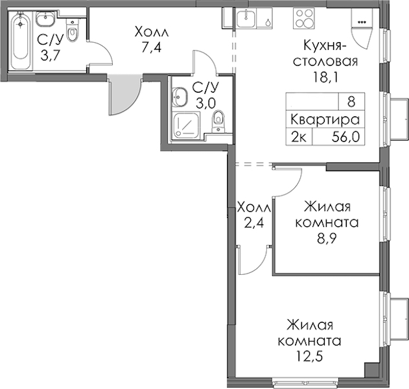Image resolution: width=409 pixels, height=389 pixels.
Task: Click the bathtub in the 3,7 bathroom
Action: pyautogui.click(x=20, y=40)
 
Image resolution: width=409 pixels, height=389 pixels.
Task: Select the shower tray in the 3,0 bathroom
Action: pyautogui.click(x=187, y=125)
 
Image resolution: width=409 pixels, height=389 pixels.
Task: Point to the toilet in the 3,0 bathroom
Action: pyautogui.click(x=218, y=122)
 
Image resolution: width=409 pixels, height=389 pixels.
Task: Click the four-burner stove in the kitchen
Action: pyautogui.click(x=303, y=18)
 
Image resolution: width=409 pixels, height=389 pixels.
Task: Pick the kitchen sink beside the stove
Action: pyautogui.click(x=246, y=18)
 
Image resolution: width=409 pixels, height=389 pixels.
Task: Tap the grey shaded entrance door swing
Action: pyautogui.click(x=124, y=95)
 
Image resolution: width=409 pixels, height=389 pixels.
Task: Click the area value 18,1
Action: pyautogui.click(x=325, y=77)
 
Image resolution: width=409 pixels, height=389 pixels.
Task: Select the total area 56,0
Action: pyautogui.click(x=345, y=136)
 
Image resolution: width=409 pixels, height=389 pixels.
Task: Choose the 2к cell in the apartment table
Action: pyautogui.click(x=299, y=137)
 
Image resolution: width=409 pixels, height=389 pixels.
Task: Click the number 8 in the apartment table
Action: pyautogui.click(x=351, y=101)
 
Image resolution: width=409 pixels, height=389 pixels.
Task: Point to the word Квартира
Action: pyautogui.click(x=325, y=119)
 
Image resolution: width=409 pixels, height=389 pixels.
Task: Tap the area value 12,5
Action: pyautogui.click(x=310, y=356)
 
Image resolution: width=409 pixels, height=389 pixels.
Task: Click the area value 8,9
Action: pyautogui.click(x=327, y=238)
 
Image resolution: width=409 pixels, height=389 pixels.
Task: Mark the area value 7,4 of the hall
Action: pyautogui.click(x=152, y=48)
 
